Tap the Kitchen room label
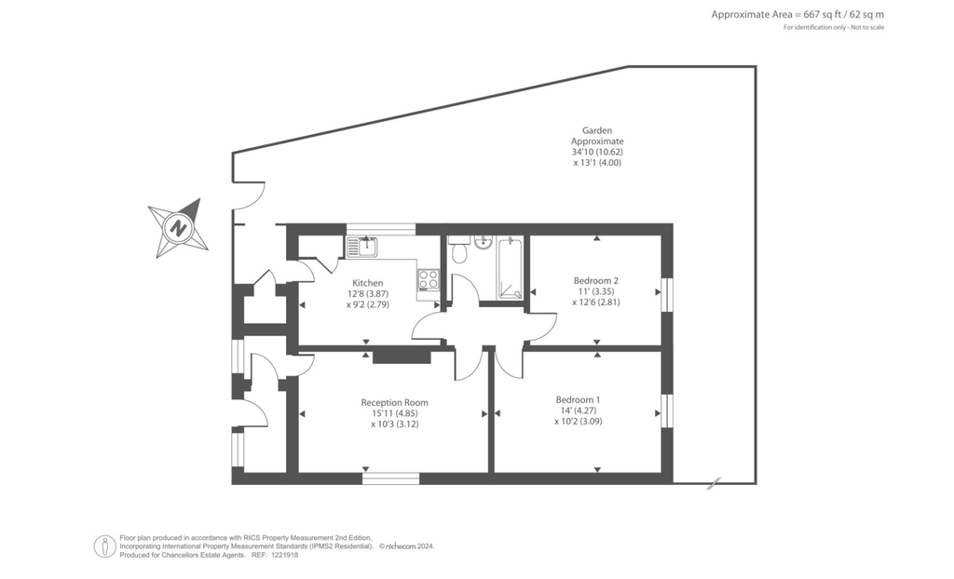(x=367, y=283)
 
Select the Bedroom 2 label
(x=596, y=281)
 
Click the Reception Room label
(x=394, y=402)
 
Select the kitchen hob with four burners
(x=429, y=279)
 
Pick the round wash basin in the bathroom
(x=482, y=244)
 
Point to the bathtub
(x=511, y=268)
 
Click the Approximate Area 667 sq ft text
(x=797, y=14)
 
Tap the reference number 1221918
(x=286, y=555)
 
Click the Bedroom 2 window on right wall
(x=666, y=293)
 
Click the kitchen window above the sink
(x=381, y=229)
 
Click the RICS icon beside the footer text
(x=105, y=546)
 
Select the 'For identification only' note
(x=834, y=27)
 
